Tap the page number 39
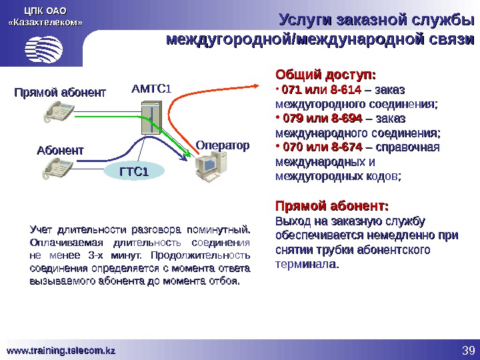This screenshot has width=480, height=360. coord(466,351)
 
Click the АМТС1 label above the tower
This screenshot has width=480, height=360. coord(151,88)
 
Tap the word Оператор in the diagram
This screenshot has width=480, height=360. coord(223,145)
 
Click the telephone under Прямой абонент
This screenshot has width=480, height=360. coord(59,113)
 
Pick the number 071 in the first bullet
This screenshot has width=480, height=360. coord(292,89)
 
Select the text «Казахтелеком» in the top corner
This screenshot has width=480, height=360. coord(45,22)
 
